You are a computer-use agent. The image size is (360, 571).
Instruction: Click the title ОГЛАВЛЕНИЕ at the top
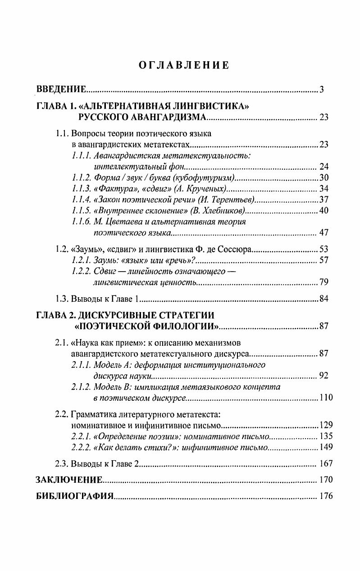pyautogui.click(x=183, y=65)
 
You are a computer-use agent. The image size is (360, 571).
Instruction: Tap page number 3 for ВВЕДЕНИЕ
pyautogui.click(x=322, y=89)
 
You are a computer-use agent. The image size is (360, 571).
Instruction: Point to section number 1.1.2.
pyautogui.click(x=82, y=177)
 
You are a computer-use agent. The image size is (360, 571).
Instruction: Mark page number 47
pyautogui.click(x=324, y=233)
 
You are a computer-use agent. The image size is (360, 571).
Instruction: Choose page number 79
pyautogui.click(x=324, y=282)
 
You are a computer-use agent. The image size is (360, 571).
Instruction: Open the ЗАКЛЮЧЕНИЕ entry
pyautogui.click(x=69, y=480)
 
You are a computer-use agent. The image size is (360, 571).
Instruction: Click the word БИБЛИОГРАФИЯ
pyautogui.click(x=74, y=497)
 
